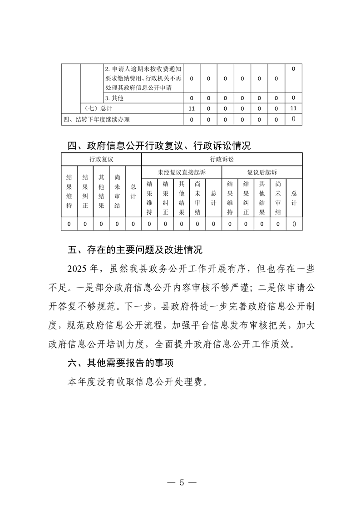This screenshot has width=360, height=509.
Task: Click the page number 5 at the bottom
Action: click(181, 482)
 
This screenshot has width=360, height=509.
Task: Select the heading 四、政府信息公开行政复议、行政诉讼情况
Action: click(158, 146)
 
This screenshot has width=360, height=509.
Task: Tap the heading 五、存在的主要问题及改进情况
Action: click(135, 250)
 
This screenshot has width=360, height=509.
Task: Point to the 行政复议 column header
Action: click(101, 160)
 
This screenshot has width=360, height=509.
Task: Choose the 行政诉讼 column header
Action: click(222, 160)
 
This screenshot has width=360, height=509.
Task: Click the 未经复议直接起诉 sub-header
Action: click(181, 172)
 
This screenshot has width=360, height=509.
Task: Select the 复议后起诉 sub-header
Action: click(262, 172)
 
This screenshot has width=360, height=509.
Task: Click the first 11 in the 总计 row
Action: click(191, 109)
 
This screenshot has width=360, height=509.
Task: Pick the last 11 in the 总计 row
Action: click(293, 108)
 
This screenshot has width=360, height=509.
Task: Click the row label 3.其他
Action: click(114, 98)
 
